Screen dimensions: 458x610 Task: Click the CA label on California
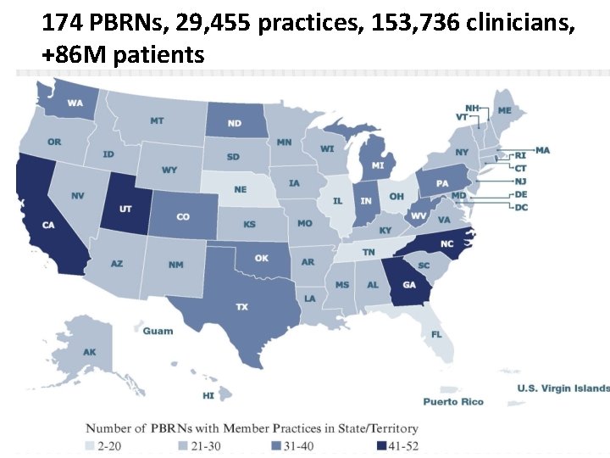pos(48,225)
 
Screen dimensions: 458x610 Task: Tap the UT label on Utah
pos(124,208)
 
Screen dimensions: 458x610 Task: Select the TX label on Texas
pos(241,306)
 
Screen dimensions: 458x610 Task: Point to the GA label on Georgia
pos(409,285)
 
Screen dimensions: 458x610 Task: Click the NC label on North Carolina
pos(446,243)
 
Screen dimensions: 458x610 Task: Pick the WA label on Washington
pos(75,103)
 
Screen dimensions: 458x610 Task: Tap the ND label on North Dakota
pos(234,123)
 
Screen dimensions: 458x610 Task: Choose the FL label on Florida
pos(436,333)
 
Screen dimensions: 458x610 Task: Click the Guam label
pos(158,331)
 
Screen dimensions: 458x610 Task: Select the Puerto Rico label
pos(453,401)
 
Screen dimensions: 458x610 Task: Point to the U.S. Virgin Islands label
pos(563,388)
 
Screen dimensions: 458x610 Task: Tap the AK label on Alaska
pos(89,352)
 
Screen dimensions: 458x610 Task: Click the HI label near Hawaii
pos(208,395)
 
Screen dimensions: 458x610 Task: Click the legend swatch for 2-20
pos(90,445)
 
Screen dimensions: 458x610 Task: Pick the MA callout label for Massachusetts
pos(542,150)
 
